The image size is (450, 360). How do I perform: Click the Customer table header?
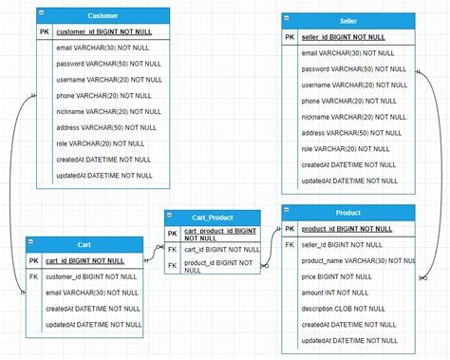103,16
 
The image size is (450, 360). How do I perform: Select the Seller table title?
348,21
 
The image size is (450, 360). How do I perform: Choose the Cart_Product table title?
212,218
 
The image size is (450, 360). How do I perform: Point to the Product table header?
348,212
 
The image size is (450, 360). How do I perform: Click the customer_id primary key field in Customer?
103,32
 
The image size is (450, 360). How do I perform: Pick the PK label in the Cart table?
33,260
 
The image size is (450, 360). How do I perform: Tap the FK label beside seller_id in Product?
290,244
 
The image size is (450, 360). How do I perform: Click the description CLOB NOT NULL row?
343,309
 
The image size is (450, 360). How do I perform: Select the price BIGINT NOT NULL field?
336,276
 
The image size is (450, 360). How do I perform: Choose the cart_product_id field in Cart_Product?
220,235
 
